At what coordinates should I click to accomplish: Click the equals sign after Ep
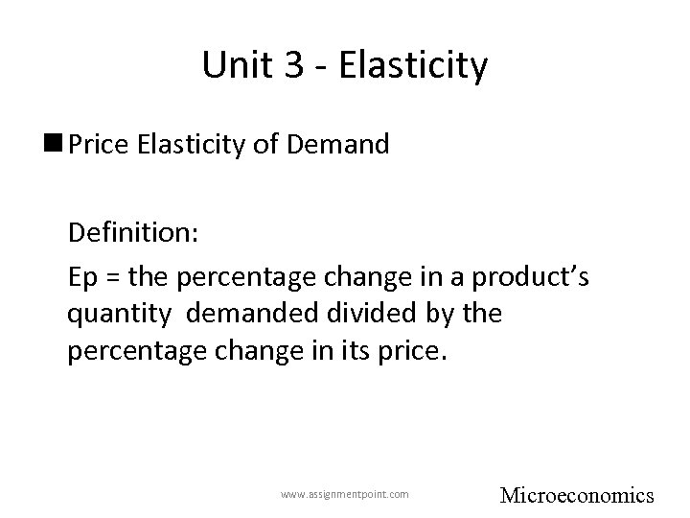tap(113, 276)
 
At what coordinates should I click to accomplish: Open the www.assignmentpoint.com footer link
tap(344, 494)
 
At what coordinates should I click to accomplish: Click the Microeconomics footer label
tap(577, 495)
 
